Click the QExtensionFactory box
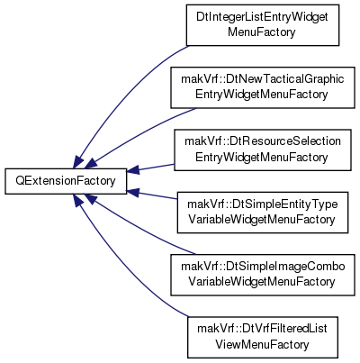(66, 181)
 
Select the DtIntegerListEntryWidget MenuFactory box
(263, 25)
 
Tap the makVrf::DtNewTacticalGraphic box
(263, 87)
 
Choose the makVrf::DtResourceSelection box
(263, 150)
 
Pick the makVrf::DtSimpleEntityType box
(263, 213)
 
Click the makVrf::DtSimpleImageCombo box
(263, 275)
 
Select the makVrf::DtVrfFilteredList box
(263, 337)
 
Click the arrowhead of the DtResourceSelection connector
(133, 169)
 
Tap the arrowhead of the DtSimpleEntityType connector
(133, 193)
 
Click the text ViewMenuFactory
(262, 344)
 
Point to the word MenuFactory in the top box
(262, 32)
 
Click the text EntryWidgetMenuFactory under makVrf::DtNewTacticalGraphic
(262, 95)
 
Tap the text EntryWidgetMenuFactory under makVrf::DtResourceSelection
(262, 157)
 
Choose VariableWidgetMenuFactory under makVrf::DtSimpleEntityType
(262, 220)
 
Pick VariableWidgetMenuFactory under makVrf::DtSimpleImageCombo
(262, 282)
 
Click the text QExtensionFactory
(66, 181)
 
